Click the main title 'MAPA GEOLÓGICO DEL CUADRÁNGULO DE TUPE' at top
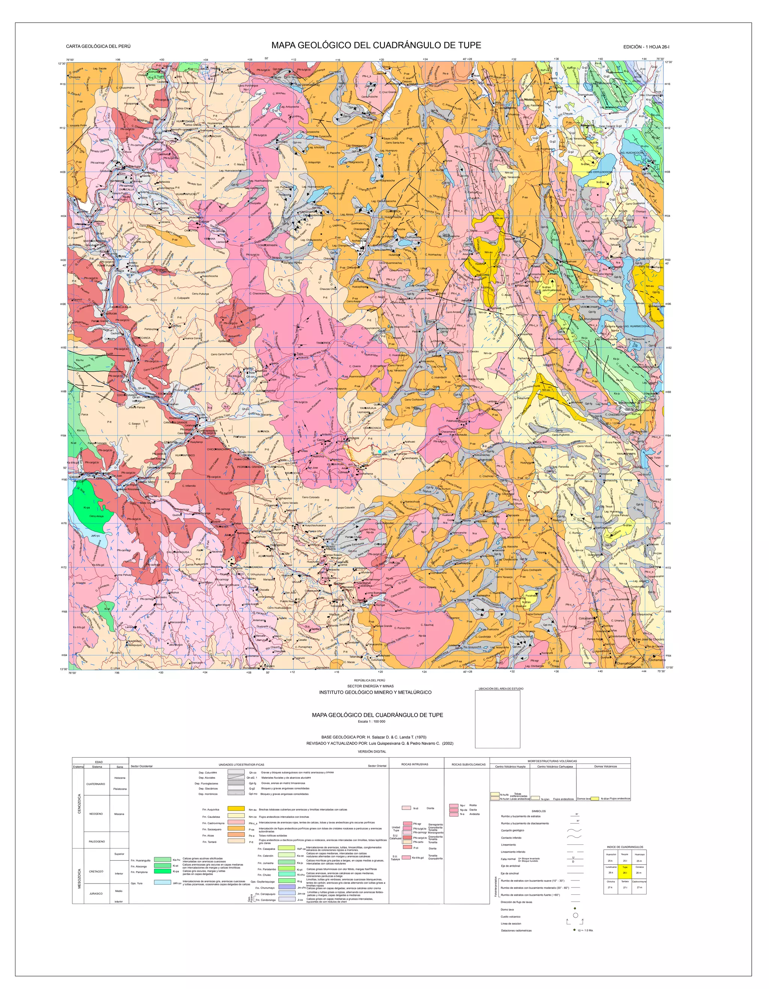pyautogui.click(x=376, y=45)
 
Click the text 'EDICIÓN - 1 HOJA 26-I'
pyautogui.click(x=646, y=47)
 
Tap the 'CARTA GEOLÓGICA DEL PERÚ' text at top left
pyautogui.click(x=98, y=47)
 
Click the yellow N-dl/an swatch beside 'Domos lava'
pyautogui.click(x=595, y=798)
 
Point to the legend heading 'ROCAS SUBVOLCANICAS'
pyautogui.click(x=468, y=764)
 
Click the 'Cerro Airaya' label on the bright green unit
pyautogui.click(x=97, y=516)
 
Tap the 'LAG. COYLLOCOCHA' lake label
pyautogui.click(x=600, y=172)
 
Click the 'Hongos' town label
pyautogui.click(x=354, y=438)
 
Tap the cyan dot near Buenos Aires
pyautogui.click(x=380, y=451)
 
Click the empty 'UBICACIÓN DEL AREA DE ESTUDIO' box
pyautogui.click(x=497, y=719)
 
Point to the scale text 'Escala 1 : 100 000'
pyautogui.click(x=371, y=721)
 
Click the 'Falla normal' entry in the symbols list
pyautogui.click(x=508, y=859)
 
